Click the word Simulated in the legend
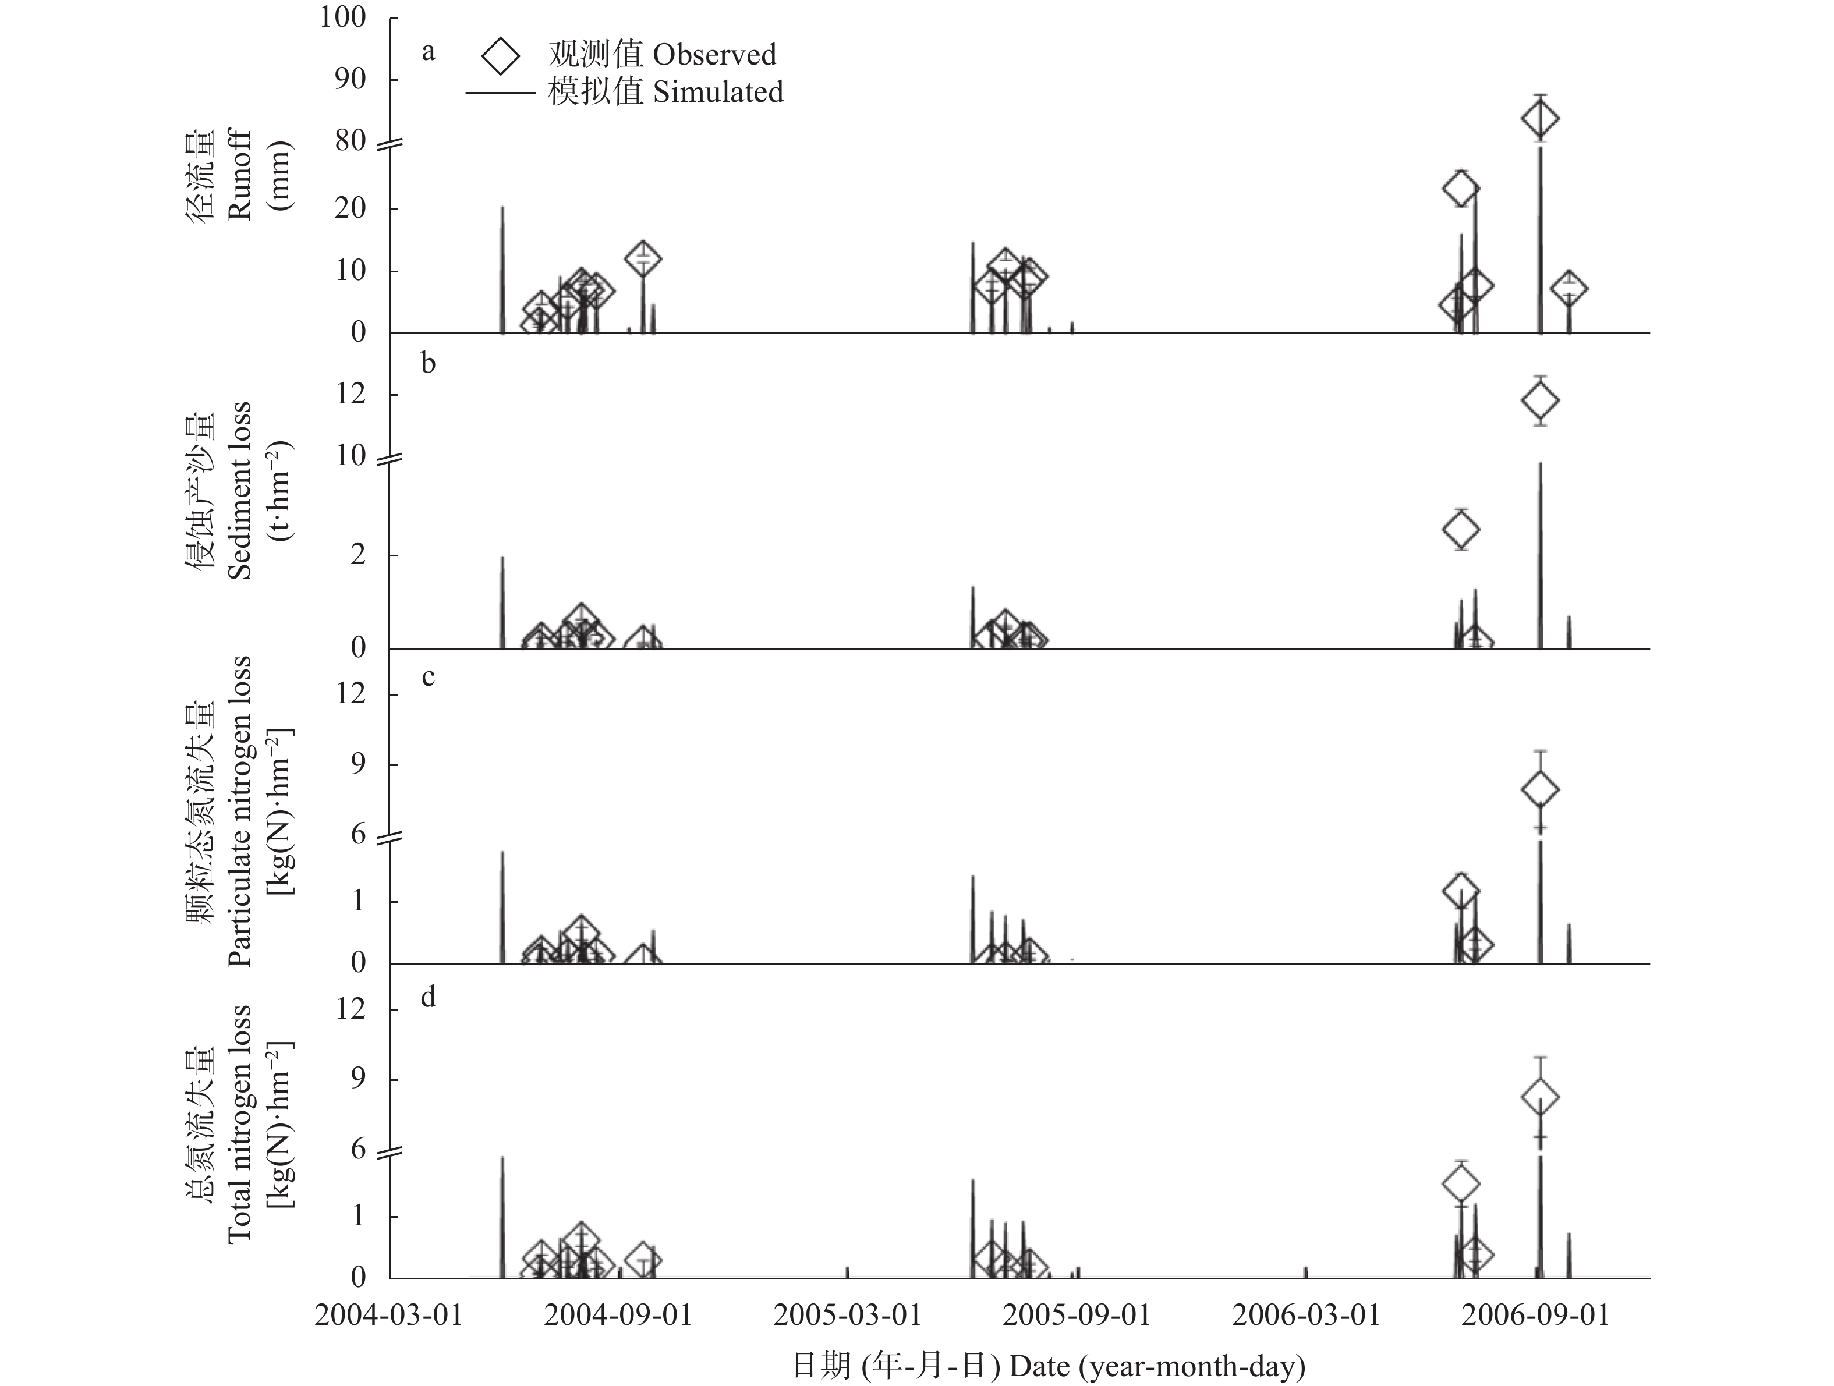718,92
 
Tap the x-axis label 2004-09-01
618,1316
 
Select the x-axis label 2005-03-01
847,1316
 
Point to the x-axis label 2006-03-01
1306,1316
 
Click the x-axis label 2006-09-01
1535,1316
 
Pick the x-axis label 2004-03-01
388,1316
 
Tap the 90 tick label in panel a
350,80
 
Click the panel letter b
428,363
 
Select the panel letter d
428,997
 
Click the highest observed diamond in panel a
1539,119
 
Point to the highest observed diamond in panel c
1539,789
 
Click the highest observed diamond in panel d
1539,1097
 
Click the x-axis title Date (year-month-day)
1157,1365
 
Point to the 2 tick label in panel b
357,555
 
